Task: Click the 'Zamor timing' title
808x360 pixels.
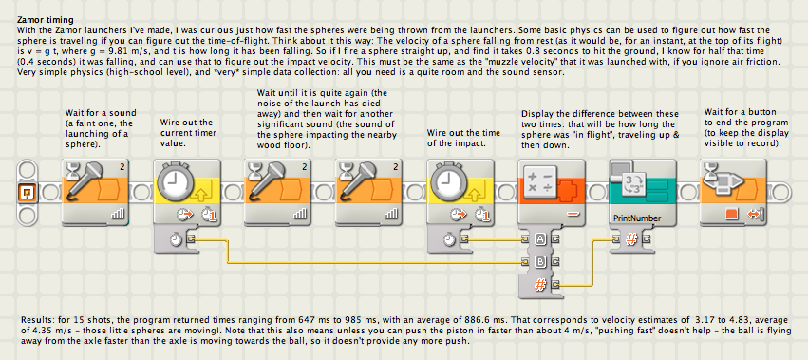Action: click(x=46, y=20)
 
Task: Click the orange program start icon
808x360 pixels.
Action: click(x=26, y=193)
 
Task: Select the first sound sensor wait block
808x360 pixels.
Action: click(x=95, y=193)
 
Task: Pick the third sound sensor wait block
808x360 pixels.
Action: click(x=369, y=193)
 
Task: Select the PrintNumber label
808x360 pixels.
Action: click(x=637, y=218)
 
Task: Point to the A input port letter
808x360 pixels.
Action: click(x=540, y=238)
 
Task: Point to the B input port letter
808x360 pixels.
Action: click(x=540, y=261)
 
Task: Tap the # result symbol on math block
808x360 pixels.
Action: click(x=540, y=284)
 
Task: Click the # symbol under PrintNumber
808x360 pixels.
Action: click(x=631, y=238)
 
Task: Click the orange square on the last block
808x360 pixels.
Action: click(x=730, y=214)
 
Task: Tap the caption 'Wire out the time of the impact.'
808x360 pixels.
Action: click(x=463, y=138)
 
